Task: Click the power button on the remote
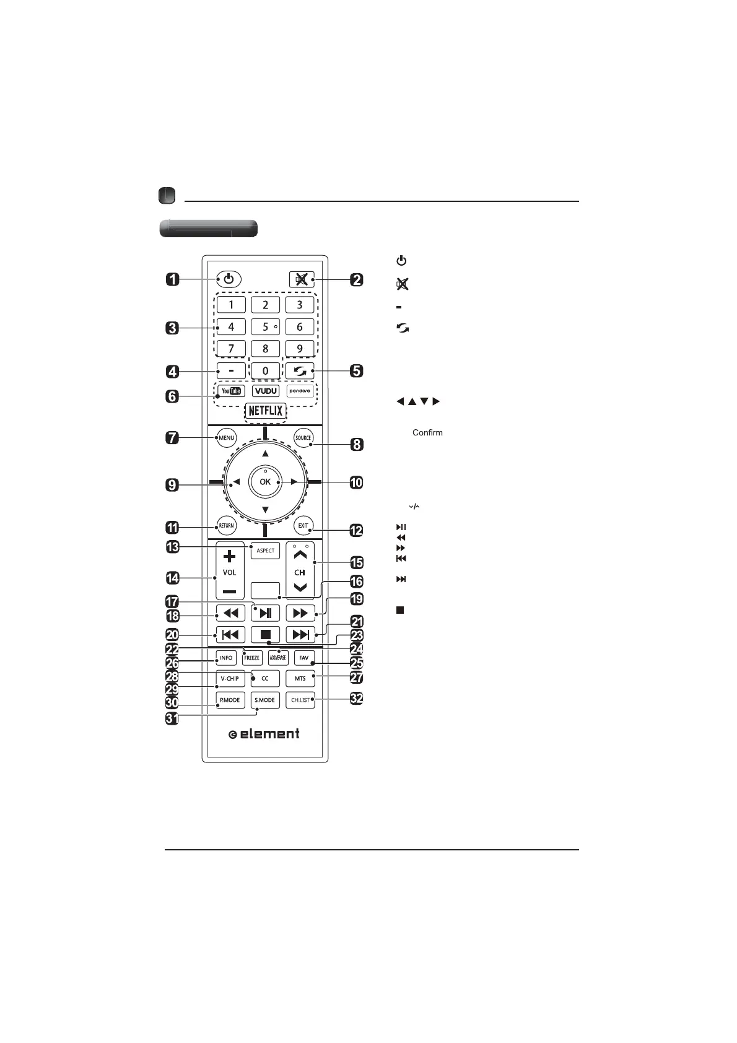(x=229, y=279)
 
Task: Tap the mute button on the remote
(x=301, y=279)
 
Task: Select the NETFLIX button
(x=266, y=411)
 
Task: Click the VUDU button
(x=266, y=391)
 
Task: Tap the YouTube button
(x=230, y=391)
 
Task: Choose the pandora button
(x=300, y=391)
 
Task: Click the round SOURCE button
(x=303, y=438)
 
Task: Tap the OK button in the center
(x=265, y=482)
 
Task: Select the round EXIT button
(x=303, y=526)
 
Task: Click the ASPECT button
(x=265, y=551)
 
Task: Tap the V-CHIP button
(x=230, y=679)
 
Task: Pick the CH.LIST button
(x=300, y=700)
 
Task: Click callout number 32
(x=356, y=699)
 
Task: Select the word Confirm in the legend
(x=427, y=433)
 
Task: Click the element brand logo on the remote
(x=264, y=734)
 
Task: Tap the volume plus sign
(x=229, y=556)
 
